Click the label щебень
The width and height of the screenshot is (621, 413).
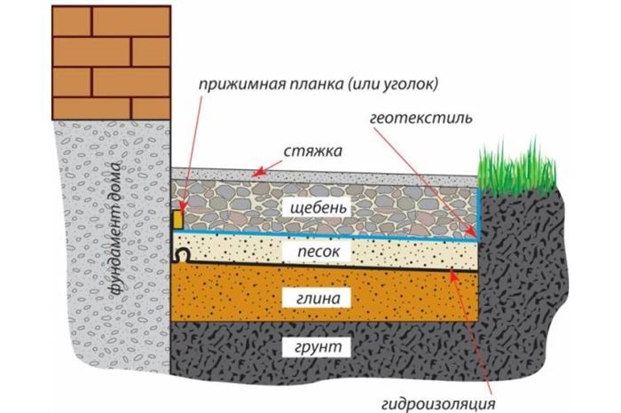pyautogui.click(x=318, y=207)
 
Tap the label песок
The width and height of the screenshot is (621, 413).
pyautogui.click(x=318, y=252)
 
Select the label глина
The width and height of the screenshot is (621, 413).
pyautogui.click(x=318, y=298)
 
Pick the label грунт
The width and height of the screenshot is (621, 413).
pyautogui.click(x=318, y=347)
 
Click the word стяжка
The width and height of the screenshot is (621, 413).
pyautogui.click(x=312, y=152)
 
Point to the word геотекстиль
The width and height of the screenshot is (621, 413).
pyautogui.click(x=421, y=118)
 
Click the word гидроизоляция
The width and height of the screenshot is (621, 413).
pyautogui.click(x=438, y=403)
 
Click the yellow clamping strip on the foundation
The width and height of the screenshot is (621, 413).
pyautogui.click(x=177, y=219)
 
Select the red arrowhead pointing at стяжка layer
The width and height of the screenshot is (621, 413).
pyautogui.click(x=259, y=173)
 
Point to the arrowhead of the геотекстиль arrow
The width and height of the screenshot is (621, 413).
pyautogui.click(x=471, y=232)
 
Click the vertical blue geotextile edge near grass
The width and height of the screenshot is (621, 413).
pyautogui.click(x=478, y=214)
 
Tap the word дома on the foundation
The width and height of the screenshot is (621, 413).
pyautogui.click(x=116, y=179)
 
